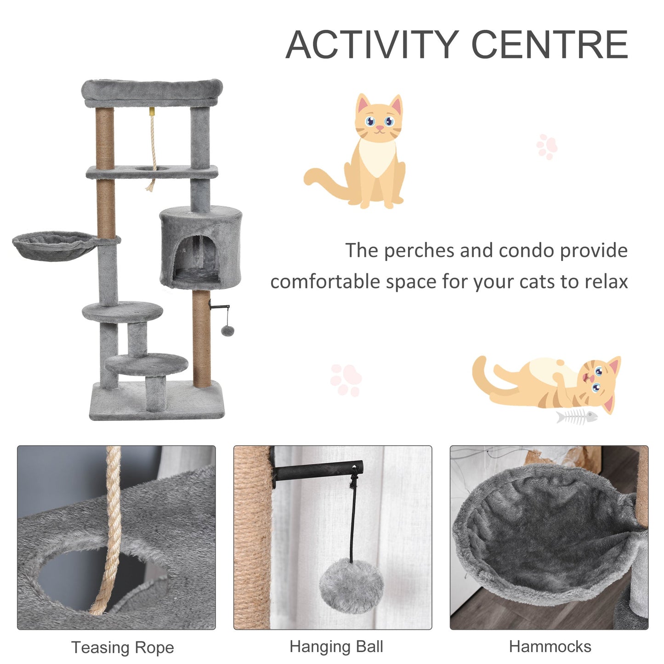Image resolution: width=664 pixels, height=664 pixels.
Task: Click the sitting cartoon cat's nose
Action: (379, 126)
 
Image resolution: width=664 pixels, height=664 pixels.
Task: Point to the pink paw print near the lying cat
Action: (346, 380)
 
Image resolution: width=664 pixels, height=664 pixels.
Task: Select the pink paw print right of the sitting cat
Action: (547, 147)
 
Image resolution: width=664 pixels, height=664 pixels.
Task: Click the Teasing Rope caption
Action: (123, 647)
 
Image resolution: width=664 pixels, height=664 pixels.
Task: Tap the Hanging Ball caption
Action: (336, 647)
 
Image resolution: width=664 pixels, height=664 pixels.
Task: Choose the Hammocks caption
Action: (550, 647)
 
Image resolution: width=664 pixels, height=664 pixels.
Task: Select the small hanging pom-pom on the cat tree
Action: (227, 330)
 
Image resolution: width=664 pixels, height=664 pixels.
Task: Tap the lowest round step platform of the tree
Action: (147, 363)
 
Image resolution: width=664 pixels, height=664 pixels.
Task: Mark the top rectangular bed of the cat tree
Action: (152, 91)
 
